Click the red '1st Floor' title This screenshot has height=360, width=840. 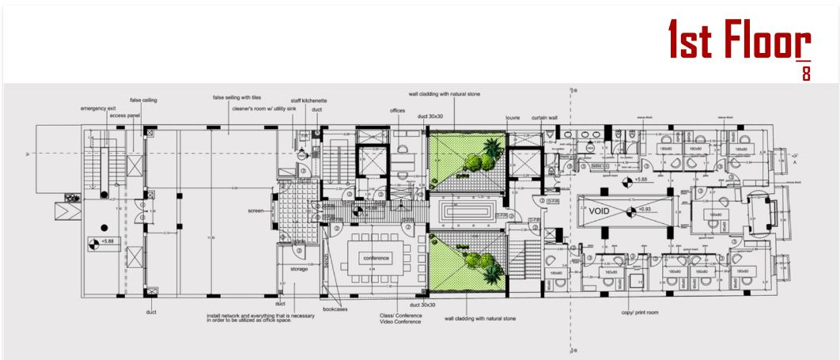click(x=739, y=41)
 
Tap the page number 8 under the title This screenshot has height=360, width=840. click(x=805, y=75)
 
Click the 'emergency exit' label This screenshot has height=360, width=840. click(x=98, y=108)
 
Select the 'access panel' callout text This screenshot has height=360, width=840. click(x=125, y=116)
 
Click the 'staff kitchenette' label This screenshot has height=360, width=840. click(x=308, y=101)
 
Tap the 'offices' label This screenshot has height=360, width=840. click(x=397, y=111)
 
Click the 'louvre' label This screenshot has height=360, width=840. click(x=513, y=117)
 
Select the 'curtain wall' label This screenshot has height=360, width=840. click(x=544, y=117)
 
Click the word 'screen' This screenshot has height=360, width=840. click(x=255, y=210)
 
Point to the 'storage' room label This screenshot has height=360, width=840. click(x=298, y=269)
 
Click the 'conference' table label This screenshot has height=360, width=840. click(x=376, y=259)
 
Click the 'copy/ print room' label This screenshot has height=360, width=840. click(x=640, y=312)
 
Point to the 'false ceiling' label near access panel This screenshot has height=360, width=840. click(x=143, y=100)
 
